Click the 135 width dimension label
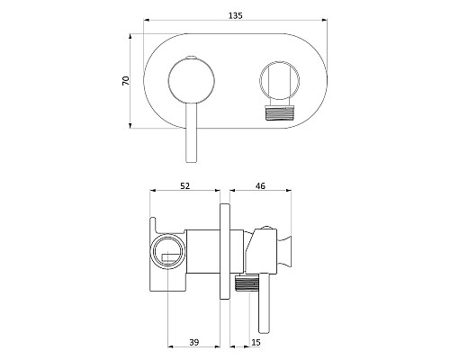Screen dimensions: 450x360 tap(236, 15)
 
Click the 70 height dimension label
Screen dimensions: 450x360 tap(126, 81)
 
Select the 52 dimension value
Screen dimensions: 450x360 tap(185, 186)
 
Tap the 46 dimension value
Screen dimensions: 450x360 tap(260, 186)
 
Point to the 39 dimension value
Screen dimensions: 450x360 tap(194, 342)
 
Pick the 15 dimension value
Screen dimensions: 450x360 tap(256, 342)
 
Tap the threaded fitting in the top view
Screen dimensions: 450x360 tap(279, 113)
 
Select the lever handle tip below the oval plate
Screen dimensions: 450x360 tap(192, 157)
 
